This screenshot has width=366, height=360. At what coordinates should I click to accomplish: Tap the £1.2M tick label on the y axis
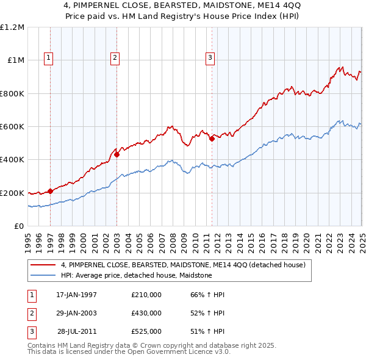pos(12,27)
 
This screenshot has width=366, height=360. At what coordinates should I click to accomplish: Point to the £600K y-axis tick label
pos(12,127)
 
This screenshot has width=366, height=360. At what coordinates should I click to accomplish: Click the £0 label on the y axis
pos(19,226)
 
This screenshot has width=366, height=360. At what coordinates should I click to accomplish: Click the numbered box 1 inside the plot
pos(48,58)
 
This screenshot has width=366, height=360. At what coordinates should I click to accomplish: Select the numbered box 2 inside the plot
pos(115,58)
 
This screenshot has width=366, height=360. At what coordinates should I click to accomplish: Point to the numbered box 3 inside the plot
pos(209,58)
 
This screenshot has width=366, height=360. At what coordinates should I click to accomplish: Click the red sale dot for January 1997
pos(51,191)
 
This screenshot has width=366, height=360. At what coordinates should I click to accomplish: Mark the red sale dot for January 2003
pos(117,154)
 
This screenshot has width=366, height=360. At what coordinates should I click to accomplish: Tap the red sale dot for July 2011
pos(212,139)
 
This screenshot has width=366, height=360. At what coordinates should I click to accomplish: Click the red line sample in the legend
pos(43,265)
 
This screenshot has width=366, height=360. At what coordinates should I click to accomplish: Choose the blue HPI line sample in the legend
pos(43,275)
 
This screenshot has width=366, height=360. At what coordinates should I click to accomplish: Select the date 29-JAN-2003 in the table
pos(76,313)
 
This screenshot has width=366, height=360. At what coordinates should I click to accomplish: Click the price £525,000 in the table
pos(146,331)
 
